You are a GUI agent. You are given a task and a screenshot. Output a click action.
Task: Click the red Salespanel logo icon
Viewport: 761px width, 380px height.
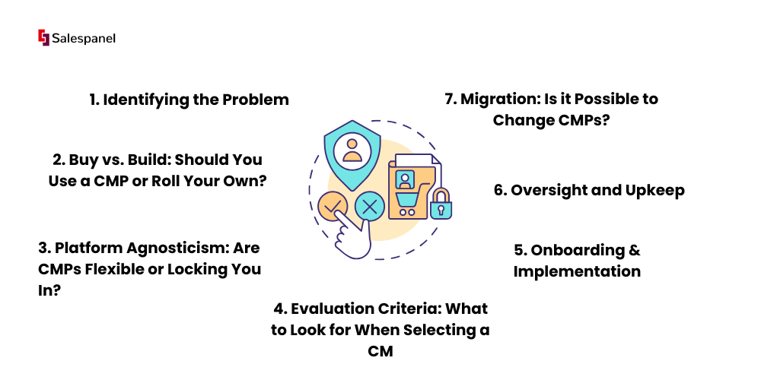click(43, 38)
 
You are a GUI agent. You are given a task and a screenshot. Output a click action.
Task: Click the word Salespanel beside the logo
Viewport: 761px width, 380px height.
click(84, 39)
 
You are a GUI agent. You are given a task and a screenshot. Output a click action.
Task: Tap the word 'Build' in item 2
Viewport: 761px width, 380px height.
click(148, 160)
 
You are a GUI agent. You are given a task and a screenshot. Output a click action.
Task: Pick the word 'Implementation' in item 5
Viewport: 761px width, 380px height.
click(577, 271)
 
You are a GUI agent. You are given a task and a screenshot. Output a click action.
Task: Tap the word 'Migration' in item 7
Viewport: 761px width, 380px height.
click(496, 99)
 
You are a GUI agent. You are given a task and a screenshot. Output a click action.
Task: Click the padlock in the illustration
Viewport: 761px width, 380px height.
click(441, 204)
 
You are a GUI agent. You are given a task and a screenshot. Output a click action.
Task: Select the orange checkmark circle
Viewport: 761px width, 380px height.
click(333, 207)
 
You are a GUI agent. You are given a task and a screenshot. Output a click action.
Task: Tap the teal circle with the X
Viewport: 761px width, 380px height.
click(370, 207)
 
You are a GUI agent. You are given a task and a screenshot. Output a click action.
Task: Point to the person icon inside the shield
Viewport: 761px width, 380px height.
click(352, 151)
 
